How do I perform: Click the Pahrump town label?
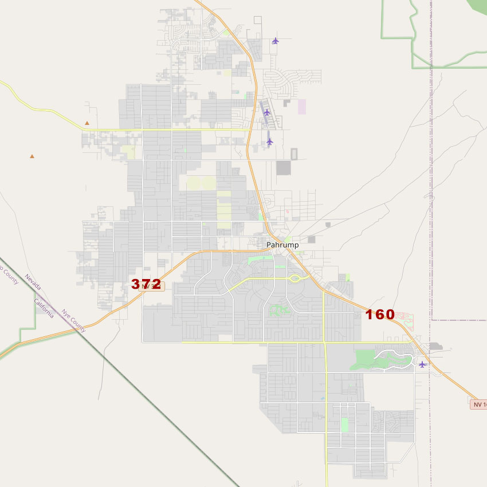282,245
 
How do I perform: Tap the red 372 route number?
146,284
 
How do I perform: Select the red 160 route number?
380,314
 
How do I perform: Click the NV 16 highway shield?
478,404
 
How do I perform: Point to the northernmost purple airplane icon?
276,41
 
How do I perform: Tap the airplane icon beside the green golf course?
422,364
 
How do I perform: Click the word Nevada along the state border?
32,282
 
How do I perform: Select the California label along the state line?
44,308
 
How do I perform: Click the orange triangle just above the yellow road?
87,123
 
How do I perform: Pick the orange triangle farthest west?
32,156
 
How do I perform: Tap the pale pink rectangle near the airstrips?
301,107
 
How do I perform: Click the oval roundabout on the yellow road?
296,278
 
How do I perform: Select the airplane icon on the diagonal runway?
266,112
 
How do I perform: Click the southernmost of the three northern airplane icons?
270,141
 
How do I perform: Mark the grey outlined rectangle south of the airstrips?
294,154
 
